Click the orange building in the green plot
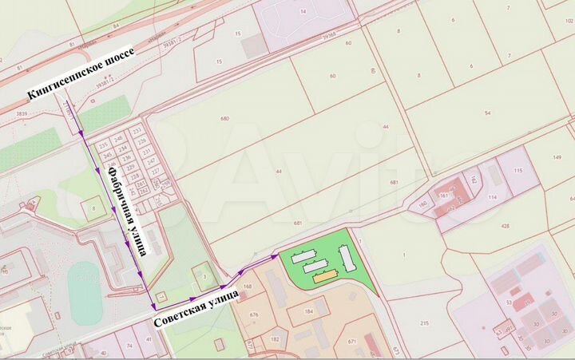[x=324, y=277]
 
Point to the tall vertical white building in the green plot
[x=347, y=257]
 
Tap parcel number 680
[x=224, y=119]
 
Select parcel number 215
[x=424, y=322]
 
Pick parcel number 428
[x=505, y=226]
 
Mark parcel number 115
[x=517, y=171]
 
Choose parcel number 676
[x=254, y=315]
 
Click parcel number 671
[x=351, y=341]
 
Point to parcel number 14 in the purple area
[x=303, y=13]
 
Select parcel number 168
[x=248, y=286]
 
